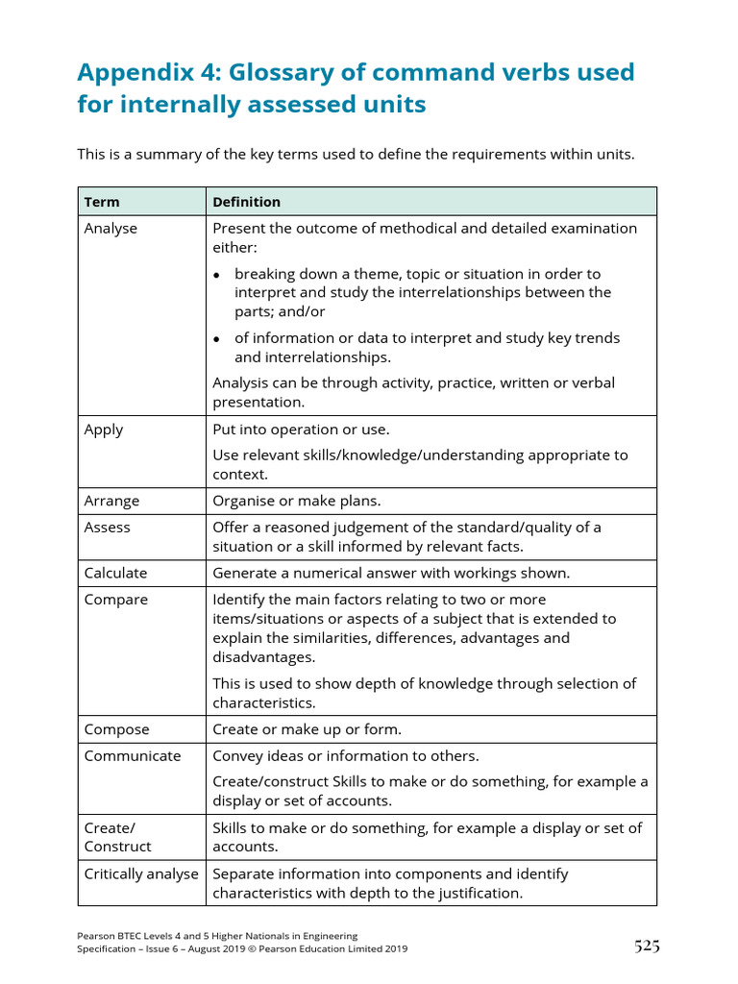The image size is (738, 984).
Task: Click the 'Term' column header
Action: pos(102,202)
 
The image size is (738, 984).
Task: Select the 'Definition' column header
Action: pos(246,202)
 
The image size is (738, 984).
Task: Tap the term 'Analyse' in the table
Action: pos(111,229)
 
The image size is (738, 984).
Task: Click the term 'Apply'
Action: pos(104,430)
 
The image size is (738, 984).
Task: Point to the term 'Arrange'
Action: pos(111,501)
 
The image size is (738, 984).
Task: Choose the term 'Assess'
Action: pos(107,528)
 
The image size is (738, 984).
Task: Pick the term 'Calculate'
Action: pos(115,573)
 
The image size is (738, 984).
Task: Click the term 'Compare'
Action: pos(116,600)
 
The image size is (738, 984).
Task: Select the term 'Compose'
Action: pos(116,729)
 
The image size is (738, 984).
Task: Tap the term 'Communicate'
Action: pos(132,755)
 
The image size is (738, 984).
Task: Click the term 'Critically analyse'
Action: pos(141,873)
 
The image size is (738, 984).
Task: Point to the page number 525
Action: pos(647,947)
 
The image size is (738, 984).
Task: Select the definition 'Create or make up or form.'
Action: pos(307,729)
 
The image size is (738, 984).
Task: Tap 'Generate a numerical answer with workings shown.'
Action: pos(391,573)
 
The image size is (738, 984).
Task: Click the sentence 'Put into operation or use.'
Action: pos(301,430)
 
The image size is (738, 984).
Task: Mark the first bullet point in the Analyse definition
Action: pos(217,275)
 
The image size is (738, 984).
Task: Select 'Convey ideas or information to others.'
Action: pos(345,755)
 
